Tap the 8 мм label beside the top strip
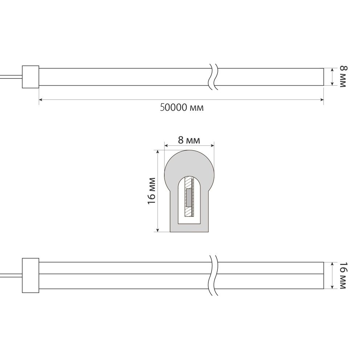(343, 77)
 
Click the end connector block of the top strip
(30, 77)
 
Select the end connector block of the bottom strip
(30, 275)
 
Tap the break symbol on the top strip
(213, 77)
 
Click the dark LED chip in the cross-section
(188, 198)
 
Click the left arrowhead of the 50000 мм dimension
(41, 99)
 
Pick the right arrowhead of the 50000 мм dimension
(322, 99)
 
